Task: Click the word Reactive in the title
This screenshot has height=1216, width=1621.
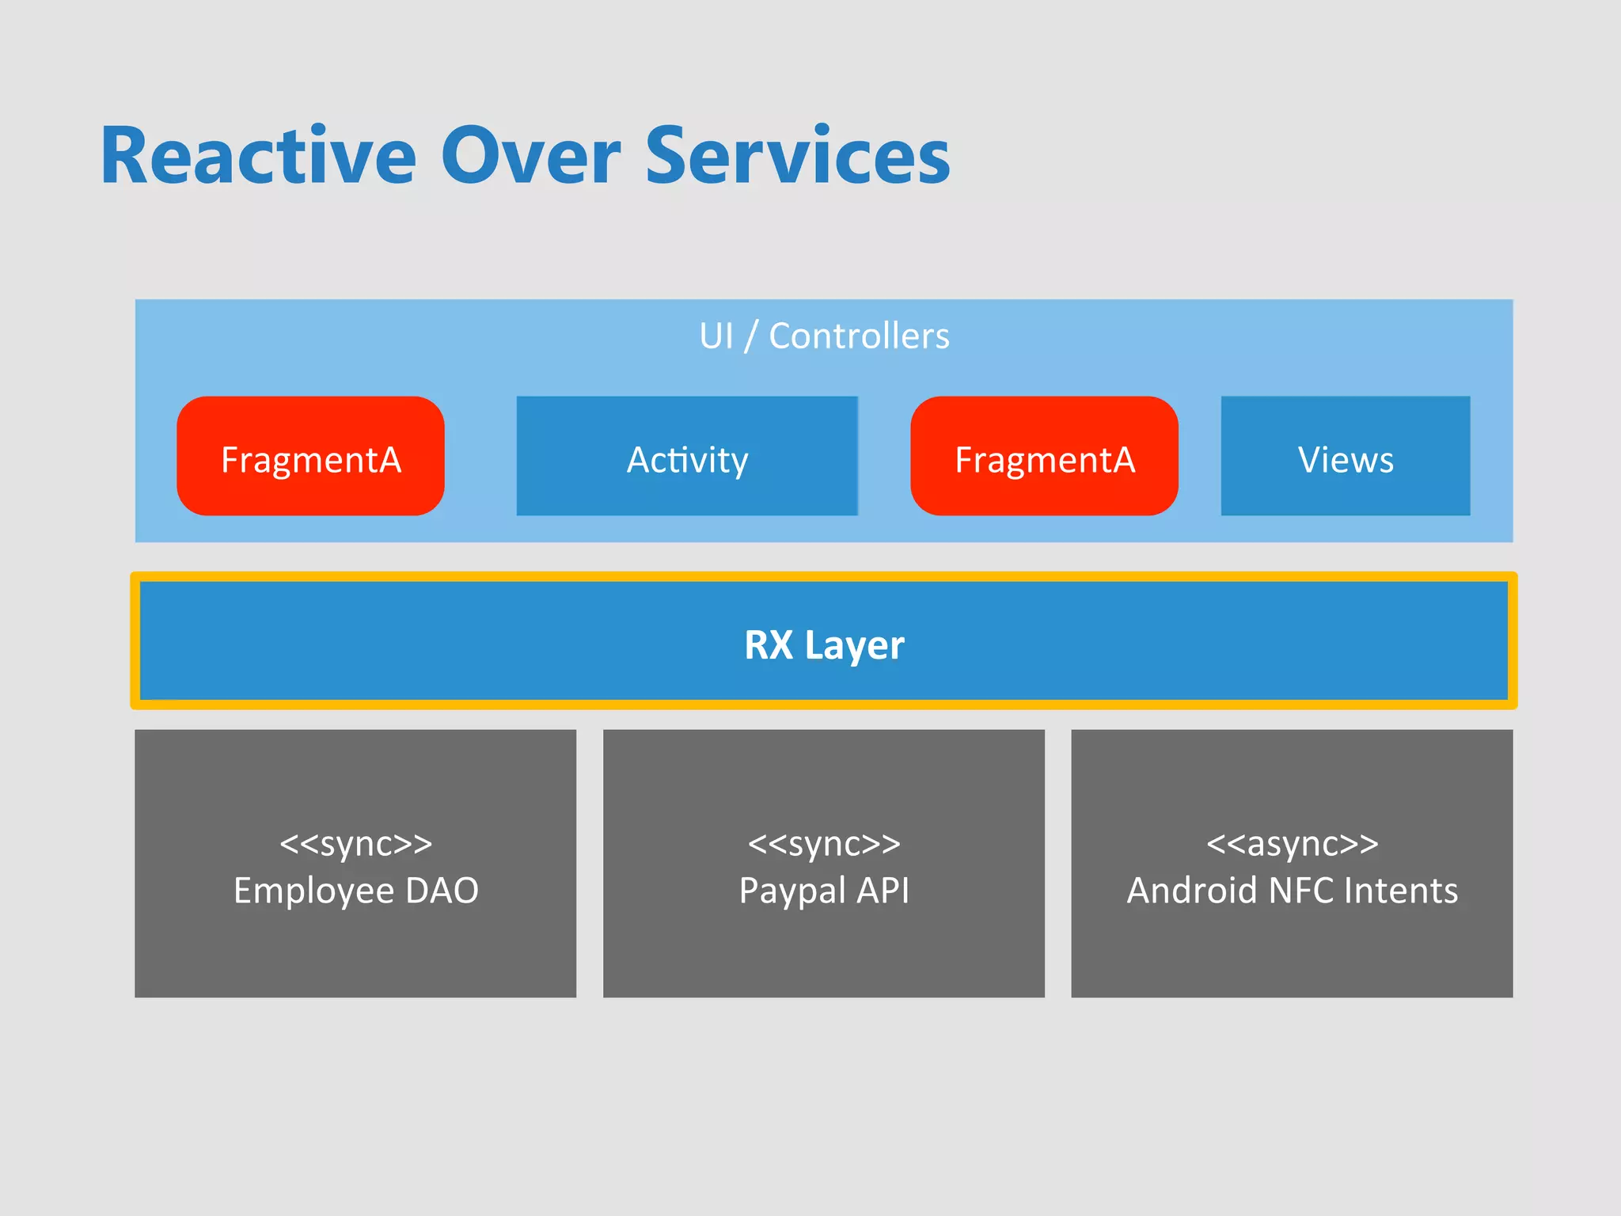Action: coord(258,157)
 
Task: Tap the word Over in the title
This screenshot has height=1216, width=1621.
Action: coord(530,157)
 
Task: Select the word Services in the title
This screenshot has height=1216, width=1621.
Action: coord(798,157)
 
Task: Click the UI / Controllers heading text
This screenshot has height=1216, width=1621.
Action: coord(824,336)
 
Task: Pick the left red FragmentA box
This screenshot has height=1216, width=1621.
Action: coord(310,457)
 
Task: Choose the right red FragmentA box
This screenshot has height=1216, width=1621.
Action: coord(1044,457)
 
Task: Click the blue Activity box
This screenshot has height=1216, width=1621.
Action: coord(687,457)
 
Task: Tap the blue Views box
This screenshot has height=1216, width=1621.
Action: coord(1346,457)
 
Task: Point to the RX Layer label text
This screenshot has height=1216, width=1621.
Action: coord(824,644)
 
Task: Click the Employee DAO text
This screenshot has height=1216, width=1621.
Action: coord(355,891)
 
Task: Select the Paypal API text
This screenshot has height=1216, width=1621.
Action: coord(824,891)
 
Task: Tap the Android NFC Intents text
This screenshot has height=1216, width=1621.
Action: coord(1292,891)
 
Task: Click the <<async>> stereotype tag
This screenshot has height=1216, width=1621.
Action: coord(1292,844)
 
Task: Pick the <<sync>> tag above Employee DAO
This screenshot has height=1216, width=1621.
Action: coord(355,844)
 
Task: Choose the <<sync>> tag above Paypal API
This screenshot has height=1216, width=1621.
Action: coord(824,844)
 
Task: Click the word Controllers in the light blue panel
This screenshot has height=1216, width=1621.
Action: coord(859,336)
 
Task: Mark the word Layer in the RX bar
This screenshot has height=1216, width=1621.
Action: coord(854,646)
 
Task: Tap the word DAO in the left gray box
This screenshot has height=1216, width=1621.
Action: coord(442,891)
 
